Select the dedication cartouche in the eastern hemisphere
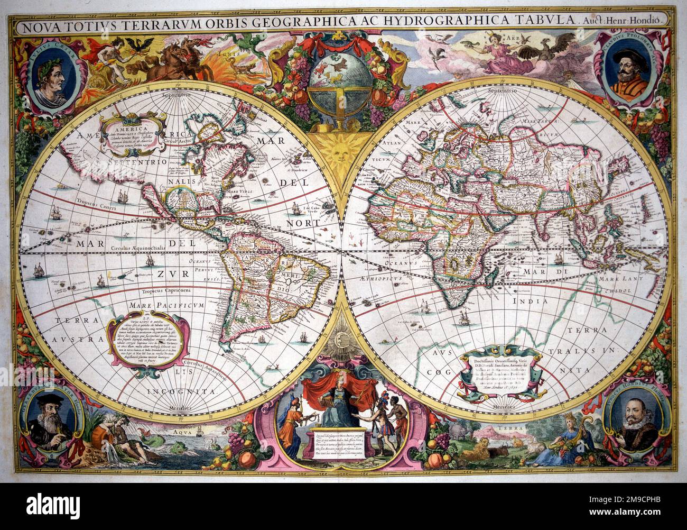pos(501,371)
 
